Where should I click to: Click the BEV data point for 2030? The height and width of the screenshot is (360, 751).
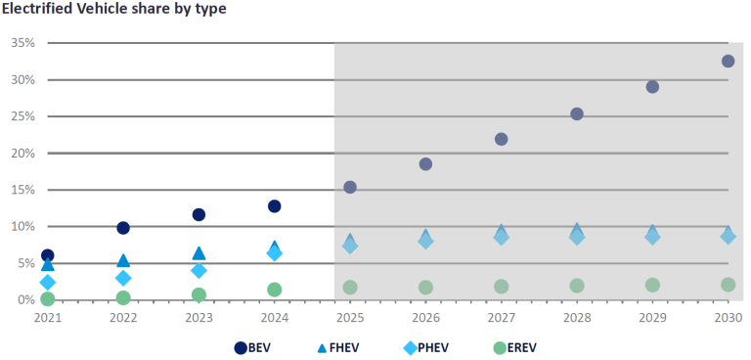728,61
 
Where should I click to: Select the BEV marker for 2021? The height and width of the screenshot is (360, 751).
47,255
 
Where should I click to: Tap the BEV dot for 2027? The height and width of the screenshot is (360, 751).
501,139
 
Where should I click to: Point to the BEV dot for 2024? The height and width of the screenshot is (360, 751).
275,206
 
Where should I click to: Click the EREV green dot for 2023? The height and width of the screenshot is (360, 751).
199,294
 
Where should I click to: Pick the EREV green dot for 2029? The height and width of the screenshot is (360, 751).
652,285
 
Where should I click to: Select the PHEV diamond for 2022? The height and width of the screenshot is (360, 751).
123,278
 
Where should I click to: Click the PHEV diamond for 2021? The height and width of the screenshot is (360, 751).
47,282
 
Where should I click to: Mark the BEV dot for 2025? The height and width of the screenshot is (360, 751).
350,187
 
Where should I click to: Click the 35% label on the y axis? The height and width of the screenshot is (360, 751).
23,43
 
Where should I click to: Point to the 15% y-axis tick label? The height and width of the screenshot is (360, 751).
23,190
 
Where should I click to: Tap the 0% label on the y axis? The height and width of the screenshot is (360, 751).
26,299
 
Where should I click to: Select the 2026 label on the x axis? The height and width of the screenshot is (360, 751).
425,318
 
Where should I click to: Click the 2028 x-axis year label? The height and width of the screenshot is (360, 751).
577,318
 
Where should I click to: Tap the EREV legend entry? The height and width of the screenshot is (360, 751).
514,347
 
